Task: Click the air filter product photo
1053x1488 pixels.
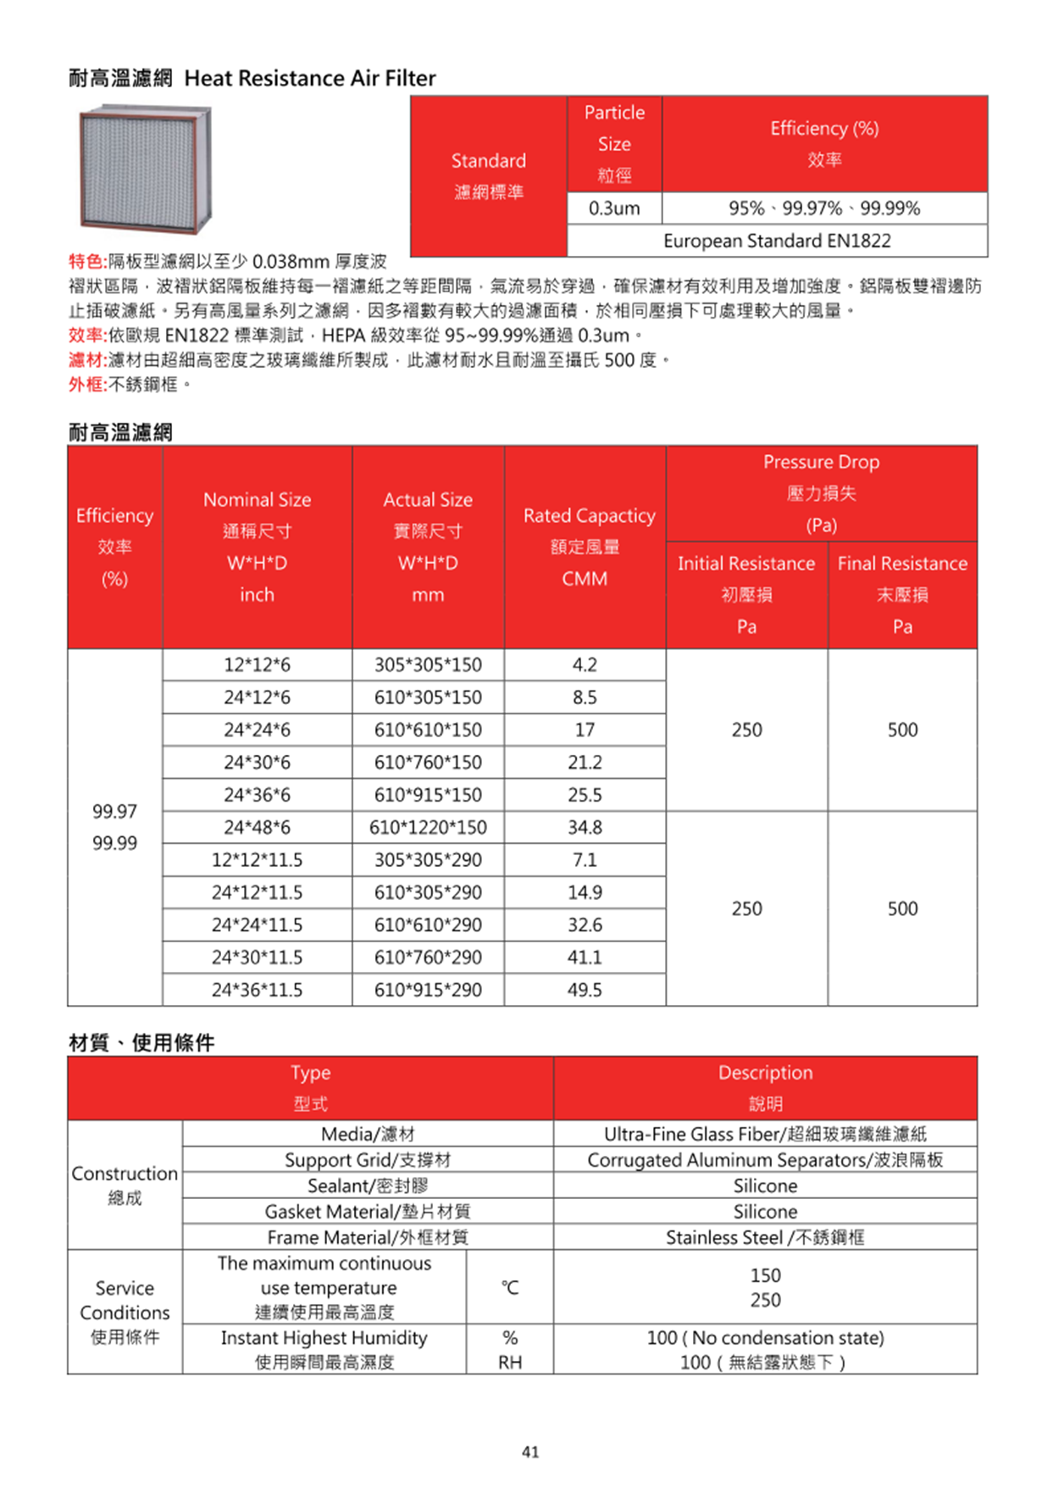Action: point(145,169)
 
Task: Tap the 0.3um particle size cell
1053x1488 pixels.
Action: point(614,208)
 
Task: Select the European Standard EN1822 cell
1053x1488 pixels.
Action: point(777,241)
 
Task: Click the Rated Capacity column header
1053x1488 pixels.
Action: point(585,547)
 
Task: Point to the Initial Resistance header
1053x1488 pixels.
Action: point(746,594)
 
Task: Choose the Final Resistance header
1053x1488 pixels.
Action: point(902,594)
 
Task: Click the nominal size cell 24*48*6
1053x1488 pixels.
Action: point(257,827)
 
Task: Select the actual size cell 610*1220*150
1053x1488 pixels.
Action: point(428,827)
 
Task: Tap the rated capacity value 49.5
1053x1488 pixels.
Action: point(585,990)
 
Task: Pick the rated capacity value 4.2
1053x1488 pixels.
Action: point(585,665)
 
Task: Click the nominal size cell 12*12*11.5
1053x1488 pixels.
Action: point(257,860)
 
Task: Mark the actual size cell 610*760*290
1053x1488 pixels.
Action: point(428,958)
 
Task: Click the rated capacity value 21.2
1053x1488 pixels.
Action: point(585,763)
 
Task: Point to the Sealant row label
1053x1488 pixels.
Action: point(368,1185)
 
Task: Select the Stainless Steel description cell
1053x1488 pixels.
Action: point(765,1237)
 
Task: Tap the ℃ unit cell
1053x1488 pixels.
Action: point(509,1287)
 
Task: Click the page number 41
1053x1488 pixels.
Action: point(530,1452)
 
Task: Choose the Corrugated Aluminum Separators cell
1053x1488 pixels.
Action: point(765,1160)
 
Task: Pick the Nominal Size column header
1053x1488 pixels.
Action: point(257,547)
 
